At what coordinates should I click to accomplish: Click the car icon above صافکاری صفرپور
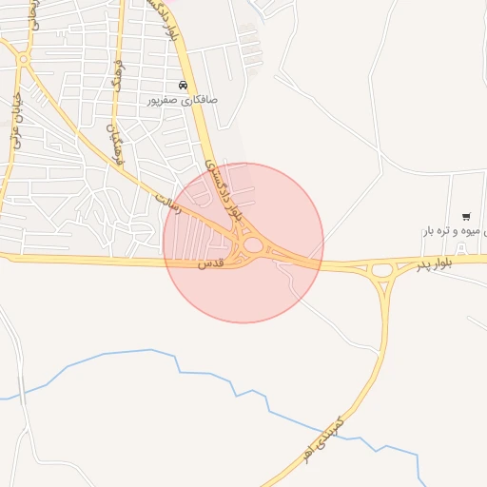[183, 86]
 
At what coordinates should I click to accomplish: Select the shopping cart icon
[465, 217]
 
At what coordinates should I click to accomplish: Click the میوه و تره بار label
[457, 231]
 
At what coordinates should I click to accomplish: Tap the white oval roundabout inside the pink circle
[252, 245]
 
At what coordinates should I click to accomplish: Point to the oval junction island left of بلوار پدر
[383, 270]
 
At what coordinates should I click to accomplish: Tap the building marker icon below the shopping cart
[462, 249]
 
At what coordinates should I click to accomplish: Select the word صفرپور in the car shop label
[163, 99]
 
